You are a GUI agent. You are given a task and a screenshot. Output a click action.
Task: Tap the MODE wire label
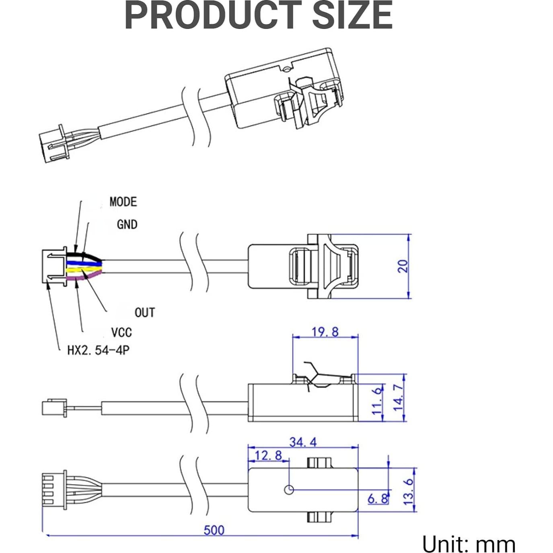tap(123, 201)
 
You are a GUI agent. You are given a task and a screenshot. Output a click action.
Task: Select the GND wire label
tap(127, 224)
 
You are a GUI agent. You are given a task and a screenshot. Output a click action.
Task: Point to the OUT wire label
tap(144, 312)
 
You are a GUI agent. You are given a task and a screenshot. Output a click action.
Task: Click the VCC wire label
tap(121, 333)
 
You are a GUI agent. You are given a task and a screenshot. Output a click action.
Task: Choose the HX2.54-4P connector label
tap(98, 350)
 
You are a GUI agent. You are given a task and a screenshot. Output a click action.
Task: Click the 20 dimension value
tap(403, 266)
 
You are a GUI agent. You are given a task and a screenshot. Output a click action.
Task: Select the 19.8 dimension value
tap(325, 332)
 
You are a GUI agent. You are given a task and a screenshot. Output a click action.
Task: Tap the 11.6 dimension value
tap(377, 401)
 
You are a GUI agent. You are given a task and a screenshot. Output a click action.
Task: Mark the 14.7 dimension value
tap(398, 397)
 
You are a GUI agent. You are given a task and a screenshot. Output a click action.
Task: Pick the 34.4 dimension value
tap(303, 442)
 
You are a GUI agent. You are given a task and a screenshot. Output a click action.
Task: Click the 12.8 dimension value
tap(268, 455)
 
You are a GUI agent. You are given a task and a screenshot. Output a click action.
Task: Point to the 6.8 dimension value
tap(378, 499)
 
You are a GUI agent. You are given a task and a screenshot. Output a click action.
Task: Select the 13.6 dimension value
tap(408, 491)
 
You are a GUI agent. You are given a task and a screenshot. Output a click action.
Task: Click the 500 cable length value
tap(214, 530)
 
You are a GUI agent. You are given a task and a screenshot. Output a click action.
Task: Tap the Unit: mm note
tap(469, 545)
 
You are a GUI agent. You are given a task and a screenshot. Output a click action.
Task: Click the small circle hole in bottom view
tap(289, 489)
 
